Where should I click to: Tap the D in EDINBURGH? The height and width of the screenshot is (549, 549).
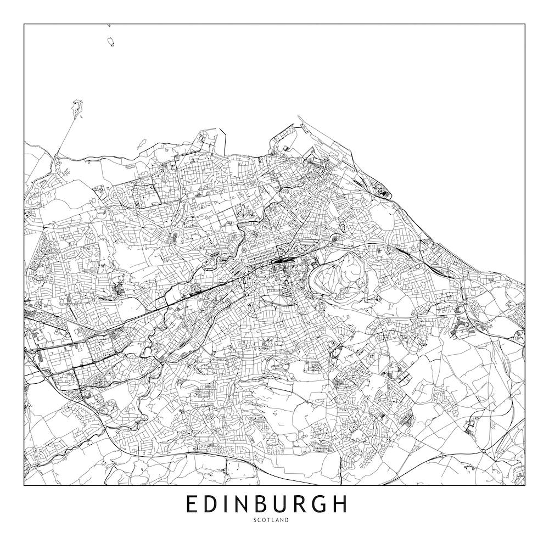tap(212, 504)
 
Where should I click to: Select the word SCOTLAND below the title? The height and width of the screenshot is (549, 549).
tap(271, 520)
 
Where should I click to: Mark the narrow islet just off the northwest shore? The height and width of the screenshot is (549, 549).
tap(140, 143)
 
